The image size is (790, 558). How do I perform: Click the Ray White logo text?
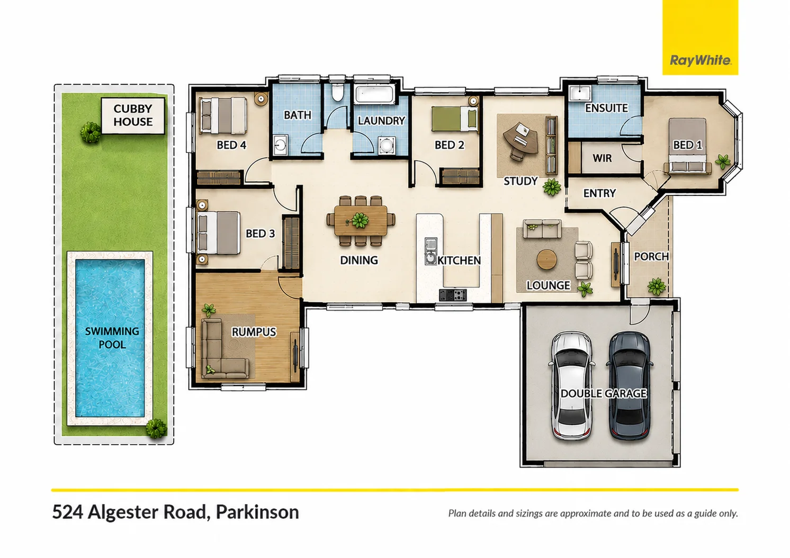pos(701,61)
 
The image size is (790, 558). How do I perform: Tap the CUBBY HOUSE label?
pos(133,115)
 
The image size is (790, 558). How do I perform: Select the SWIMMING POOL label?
pos(112,338)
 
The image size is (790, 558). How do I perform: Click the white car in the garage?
pos(572,385)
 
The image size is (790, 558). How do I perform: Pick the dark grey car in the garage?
pos(630,385)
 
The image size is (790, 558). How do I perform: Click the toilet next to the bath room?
pos(337,93)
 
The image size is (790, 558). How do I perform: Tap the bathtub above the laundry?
pos(375,94)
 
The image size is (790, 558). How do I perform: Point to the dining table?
pos(361,221)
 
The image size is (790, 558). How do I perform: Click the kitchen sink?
pos(430,251)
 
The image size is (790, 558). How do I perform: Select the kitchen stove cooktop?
pos(453,295)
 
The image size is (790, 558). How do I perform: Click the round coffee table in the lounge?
pos(546,259)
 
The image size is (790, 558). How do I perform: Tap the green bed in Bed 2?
pos(455,119)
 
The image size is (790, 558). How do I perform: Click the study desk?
pos(521,139)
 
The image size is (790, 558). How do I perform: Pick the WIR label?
pos(602,158)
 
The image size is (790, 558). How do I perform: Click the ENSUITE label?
pos(606,108)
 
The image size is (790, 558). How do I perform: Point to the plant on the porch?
pos(657,286)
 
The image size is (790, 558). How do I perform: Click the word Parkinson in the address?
pos(257,512)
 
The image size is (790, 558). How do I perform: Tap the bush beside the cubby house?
pos(91,132)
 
